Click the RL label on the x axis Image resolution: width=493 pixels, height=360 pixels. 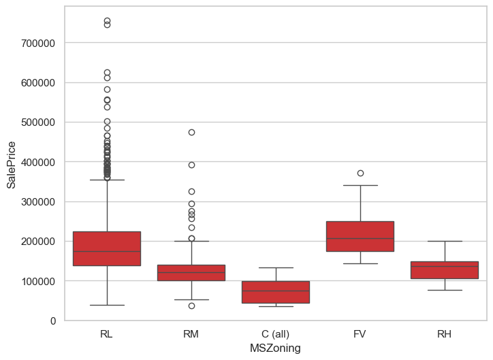107,334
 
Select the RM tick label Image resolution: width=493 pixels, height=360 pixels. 191,334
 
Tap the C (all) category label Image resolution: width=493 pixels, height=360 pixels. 276,334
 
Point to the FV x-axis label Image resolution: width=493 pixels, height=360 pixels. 360,334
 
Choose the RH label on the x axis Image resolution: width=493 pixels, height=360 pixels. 445,334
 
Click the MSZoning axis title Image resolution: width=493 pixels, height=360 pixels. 276,348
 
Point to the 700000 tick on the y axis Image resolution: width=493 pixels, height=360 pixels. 42,43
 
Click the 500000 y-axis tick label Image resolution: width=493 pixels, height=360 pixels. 42,122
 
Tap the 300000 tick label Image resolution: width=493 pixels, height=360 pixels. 42,202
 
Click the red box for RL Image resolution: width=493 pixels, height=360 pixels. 107,248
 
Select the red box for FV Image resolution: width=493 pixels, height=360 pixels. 360,236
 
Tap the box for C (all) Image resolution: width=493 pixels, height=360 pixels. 276,292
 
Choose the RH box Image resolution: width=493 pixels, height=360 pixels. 445,270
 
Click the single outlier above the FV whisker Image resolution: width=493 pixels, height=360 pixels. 360,173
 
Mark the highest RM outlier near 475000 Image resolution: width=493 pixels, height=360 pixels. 191,132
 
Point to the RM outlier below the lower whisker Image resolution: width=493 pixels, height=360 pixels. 191,306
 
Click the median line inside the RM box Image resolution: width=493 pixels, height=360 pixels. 191,273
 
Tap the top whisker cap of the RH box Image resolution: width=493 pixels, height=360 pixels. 445,241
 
